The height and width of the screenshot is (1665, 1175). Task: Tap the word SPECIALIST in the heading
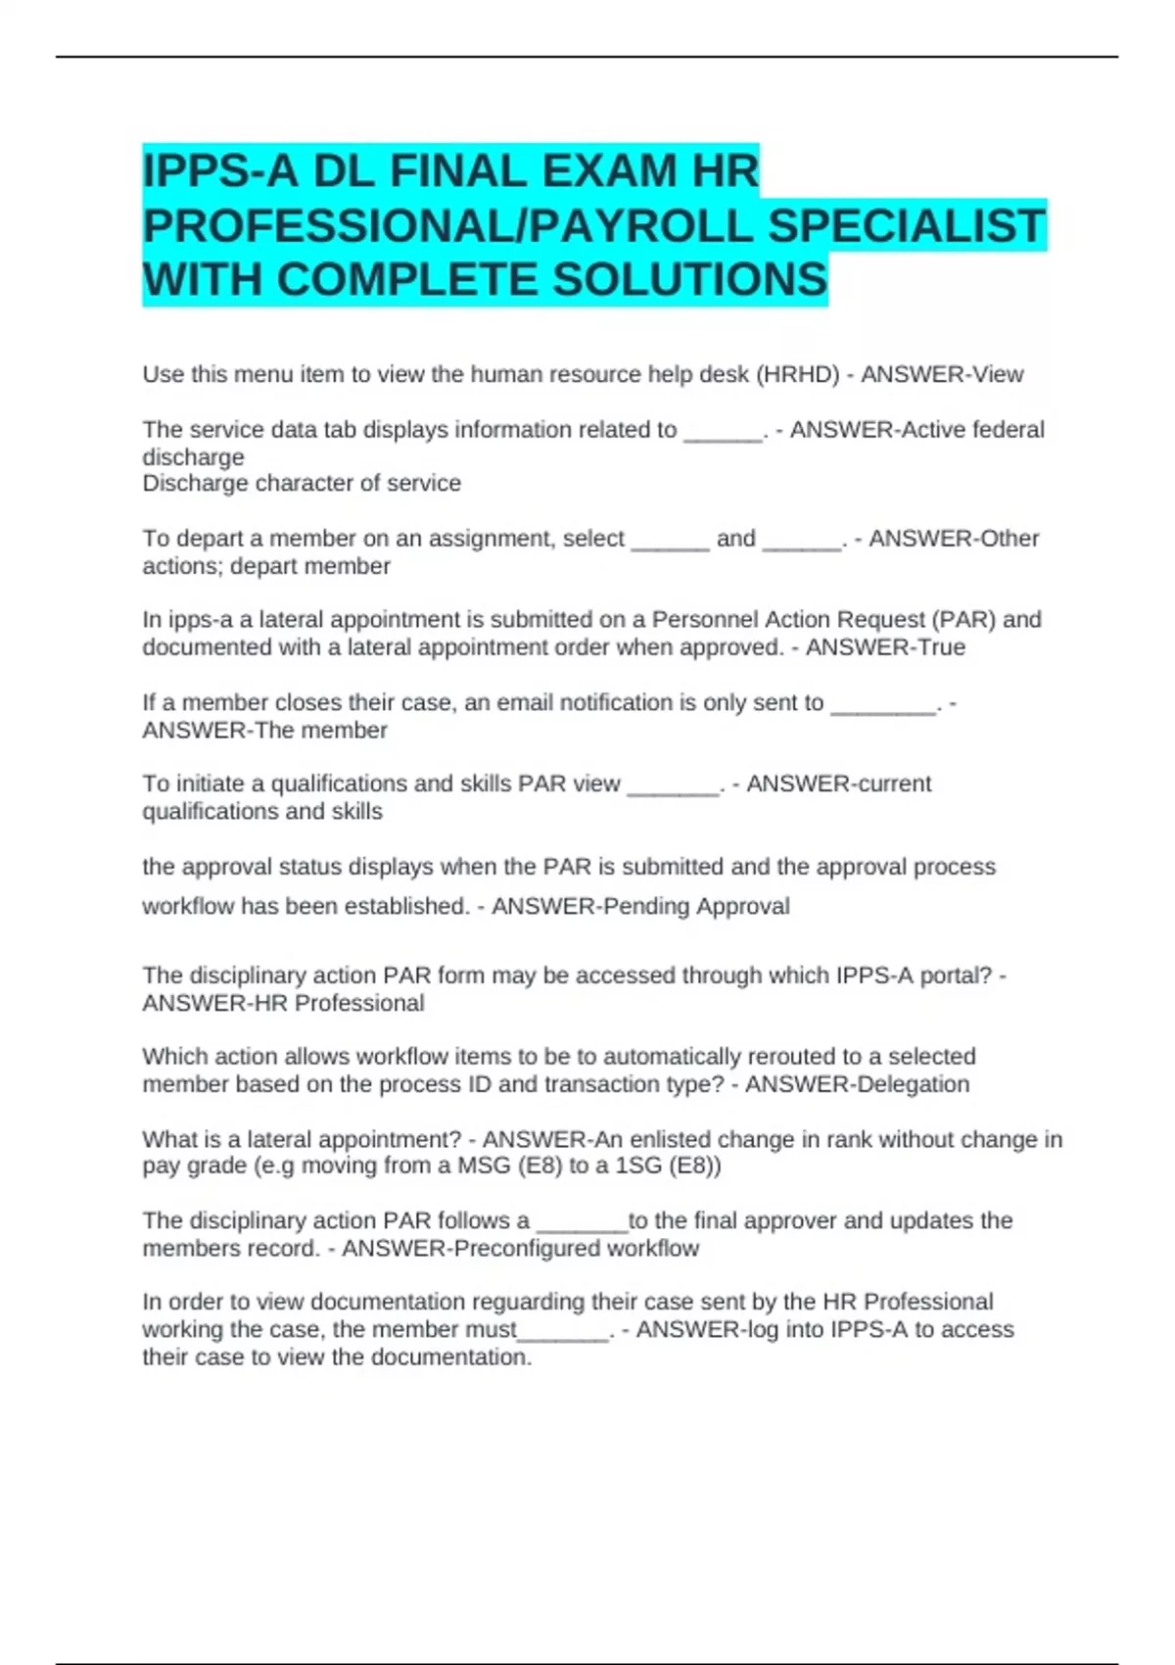(x=907, y=225)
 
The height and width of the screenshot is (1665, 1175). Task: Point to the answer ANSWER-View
(x=942, y=374)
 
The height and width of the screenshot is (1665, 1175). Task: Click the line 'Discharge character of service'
(x=302, y=483)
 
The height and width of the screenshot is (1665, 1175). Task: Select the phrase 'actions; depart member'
(x=266, y=566)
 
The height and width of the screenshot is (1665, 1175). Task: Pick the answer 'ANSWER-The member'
(x=264, y=730)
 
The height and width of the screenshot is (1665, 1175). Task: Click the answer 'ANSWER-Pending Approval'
(x=640, y=906)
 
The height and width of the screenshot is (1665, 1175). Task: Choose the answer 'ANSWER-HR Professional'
(x=283, y=1003)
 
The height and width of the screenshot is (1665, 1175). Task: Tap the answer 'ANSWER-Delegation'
(x=857, y=1084)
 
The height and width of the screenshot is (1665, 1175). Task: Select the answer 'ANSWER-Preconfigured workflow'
(x=520, y=1248)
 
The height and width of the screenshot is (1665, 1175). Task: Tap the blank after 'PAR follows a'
(x=583, y=1222)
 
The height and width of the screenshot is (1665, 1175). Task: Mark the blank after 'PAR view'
(x=673, y=785)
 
